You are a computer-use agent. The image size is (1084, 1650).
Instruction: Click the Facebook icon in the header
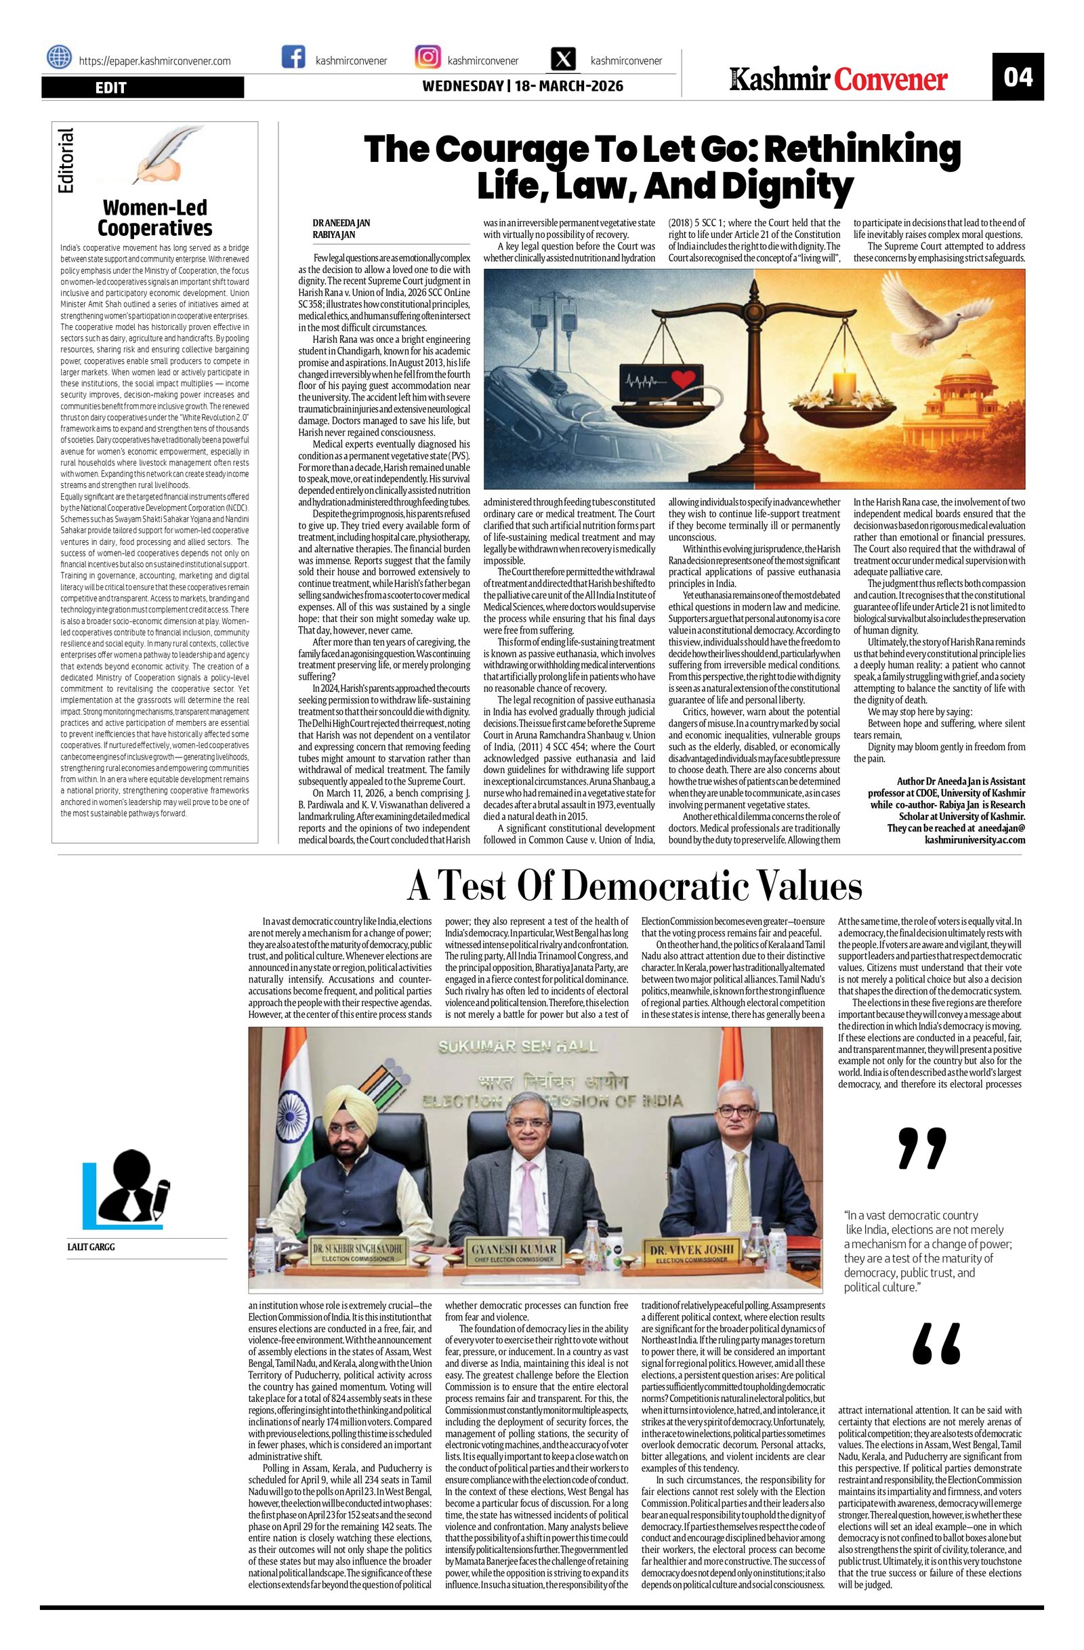click(293, 58)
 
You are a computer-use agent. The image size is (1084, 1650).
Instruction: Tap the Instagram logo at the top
click(428, 58)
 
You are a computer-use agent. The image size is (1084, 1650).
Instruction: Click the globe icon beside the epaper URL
click(60, 58)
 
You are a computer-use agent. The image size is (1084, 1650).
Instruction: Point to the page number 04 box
click(1017, 77)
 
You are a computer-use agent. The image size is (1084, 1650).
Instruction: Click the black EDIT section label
click(143, 87)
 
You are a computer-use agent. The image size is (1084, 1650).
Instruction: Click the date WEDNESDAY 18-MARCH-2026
click(522, 86)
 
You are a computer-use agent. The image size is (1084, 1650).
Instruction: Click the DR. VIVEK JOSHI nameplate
click(692, 1253)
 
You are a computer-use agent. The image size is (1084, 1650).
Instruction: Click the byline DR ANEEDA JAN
click(341, 223)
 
